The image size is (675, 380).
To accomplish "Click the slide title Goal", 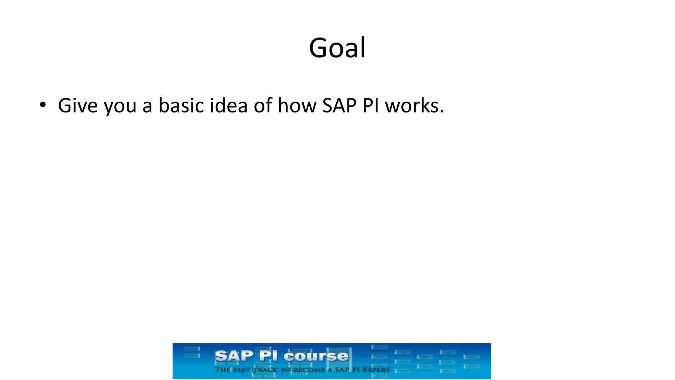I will click(x=337, y=48).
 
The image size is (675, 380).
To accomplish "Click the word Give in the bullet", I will click(x=78, y=106).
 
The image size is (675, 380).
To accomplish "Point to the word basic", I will click(x=181, y=106).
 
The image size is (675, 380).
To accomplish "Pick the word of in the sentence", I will click(x=263, y=106).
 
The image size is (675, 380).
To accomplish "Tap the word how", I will click(x=297, y=106).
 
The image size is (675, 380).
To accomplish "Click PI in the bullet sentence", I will click(x=371, y=106).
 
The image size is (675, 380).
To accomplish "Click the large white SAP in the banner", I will click(x=234, y=356).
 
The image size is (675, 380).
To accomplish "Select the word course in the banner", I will click(x=316, y=356).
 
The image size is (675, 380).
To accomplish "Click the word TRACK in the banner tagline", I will click(x=266, y=370).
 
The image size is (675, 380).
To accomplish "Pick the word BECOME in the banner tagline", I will click(x=309, y=370).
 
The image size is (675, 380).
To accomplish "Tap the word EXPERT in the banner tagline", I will click(x=376, y=370).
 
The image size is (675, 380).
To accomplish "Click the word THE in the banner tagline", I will click(x=222, y=370).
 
